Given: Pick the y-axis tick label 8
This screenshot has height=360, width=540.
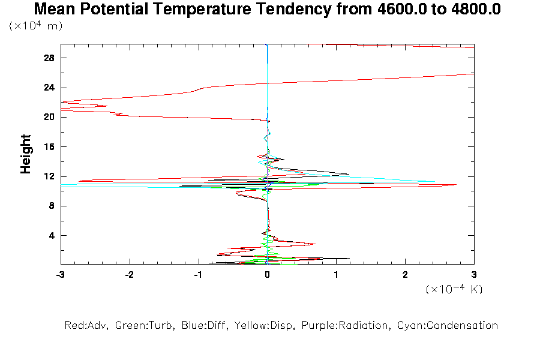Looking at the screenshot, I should coord(52,206).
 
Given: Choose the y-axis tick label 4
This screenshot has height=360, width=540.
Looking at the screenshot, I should coord(52,235).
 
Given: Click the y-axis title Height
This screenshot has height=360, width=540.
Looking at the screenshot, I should coord(26,154).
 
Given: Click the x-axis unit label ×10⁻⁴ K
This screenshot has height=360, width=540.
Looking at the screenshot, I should coord(454,289).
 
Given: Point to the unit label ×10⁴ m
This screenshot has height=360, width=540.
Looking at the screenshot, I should coord(36,26).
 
